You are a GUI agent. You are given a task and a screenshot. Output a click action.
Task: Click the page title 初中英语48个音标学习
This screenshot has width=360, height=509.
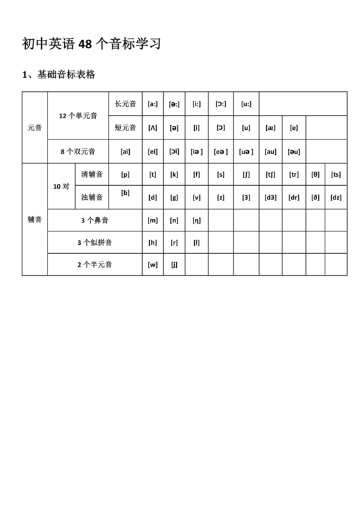tap(91, 44)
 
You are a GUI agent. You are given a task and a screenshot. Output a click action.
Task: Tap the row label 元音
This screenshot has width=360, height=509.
tap(35, 127)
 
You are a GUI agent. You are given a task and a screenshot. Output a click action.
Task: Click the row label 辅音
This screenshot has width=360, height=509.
tap(35, 219)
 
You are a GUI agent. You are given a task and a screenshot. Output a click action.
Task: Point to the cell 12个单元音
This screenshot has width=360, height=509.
tap(78, 116)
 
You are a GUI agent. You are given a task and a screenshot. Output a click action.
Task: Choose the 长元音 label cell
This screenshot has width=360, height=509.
tap(125, 103)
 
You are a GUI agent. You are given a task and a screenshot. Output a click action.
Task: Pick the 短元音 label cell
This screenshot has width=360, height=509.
tap(125, 127)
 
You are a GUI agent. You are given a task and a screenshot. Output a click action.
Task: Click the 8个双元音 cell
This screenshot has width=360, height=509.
tap(78, 152)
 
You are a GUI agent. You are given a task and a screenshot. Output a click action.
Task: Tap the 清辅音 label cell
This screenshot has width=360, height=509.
tap(92, 174)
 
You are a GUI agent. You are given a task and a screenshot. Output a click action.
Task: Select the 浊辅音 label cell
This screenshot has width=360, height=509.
tap(92, 197)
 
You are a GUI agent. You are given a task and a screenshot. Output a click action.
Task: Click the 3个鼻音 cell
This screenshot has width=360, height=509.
tap(94, 220)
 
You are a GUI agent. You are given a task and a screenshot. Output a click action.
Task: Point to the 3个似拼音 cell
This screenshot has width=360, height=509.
tap(94, 242)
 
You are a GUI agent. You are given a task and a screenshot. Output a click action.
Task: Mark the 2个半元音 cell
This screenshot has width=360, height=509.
tap(94, 264)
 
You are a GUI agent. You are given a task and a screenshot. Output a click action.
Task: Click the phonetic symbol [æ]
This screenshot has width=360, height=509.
tap(271, 127)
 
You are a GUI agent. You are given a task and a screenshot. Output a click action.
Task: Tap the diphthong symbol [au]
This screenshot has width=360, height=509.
tap(271, 152)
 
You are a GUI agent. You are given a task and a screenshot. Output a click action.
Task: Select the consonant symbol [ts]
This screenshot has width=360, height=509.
tap(336, 174)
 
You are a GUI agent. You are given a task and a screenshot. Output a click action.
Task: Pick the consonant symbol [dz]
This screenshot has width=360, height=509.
tap(336, 197)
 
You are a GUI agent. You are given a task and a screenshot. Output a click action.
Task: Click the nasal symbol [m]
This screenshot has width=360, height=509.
tap(152, 220)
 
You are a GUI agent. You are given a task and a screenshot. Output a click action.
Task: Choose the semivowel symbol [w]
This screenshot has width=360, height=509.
tap(152, 264)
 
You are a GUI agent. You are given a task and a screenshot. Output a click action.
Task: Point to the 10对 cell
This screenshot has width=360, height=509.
tap(61, 186)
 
